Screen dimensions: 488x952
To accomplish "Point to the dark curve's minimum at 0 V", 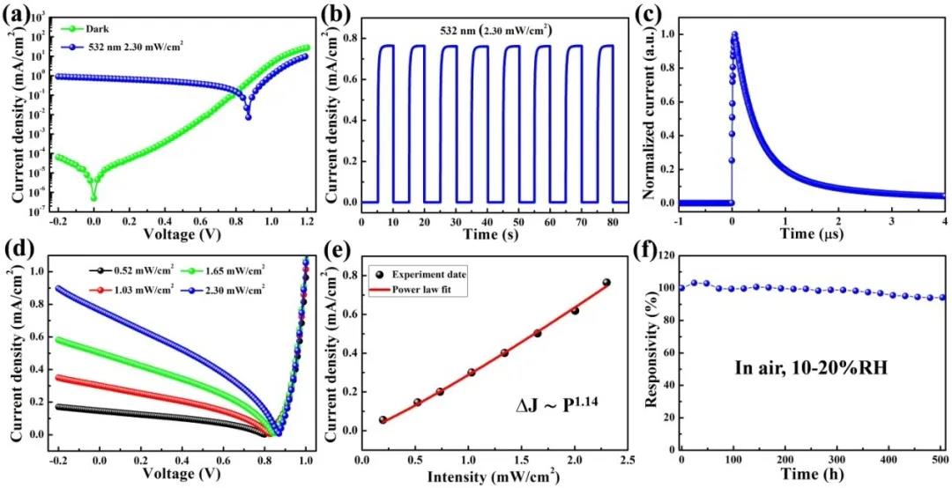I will (93, 197).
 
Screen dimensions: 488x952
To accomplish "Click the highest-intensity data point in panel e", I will (606, 283).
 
